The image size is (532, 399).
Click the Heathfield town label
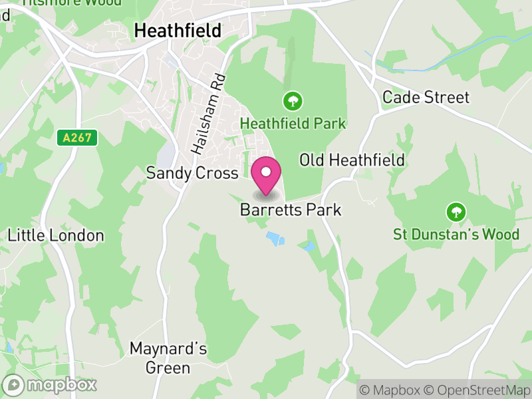point(178,30)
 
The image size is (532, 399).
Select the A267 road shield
point(77,138)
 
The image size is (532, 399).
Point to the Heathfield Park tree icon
point(293,102)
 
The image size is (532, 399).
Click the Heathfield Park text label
point(293,124)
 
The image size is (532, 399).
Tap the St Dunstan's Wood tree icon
point(456,213)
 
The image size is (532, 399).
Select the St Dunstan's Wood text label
point(456,234)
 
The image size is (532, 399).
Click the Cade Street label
point(426,98)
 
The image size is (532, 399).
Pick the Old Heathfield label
point(352,160)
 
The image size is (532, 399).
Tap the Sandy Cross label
point(192,174)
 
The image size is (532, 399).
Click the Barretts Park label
point(291,210)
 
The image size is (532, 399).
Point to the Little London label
point(56,235)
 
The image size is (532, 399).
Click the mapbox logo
point(51,384)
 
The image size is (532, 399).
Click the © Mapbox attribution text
point(390,390)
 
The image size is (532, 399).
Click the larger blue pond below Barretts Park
point(275,238)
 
